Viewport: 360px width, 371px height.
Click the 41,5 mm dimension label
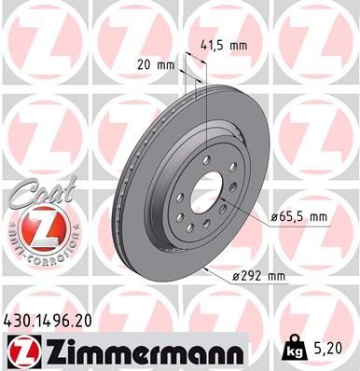click(x=224, y=43)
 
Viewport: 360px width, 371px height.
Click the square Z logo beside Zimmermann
click(x=21, y=350)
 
